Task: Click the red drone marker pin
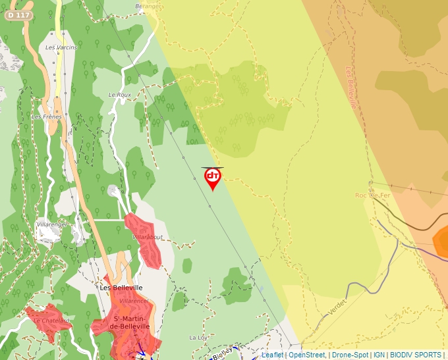point(213,178)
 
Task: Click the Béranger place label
point(148,6)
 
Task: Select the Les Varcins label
point(61,47)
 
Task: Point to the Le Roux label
point(120,95)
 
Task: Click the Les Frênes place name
point(46,117)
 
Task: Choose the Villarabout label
point(148,236)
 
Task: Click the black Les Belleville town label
point(121,288)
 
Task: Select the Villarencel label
point(134,301)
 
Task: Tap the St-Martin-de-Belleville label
point(129,322)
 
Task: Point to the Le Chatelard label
point(52,321)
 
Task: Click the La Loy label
point(198,338)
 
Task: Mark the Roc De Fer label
point(374,195)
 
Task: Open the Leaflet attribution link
point(272,355)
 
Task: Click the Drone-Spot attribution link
point(350,355)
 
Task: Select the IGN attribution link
point(379,355)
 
